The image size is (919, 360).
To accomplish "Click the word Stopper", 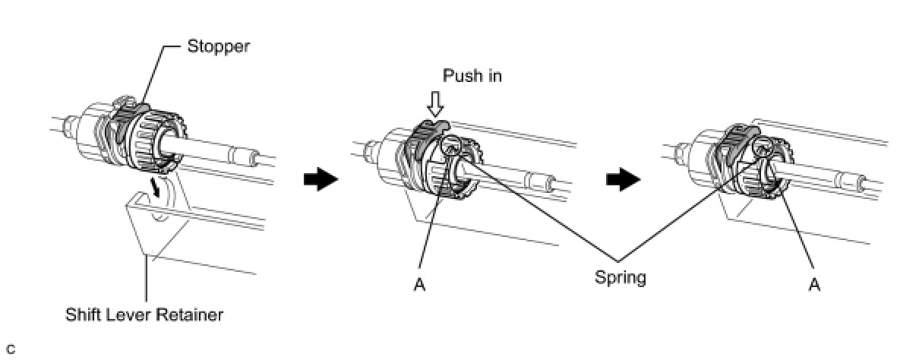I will coord(219,47).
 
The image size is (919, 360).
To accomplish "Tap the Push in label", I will coord(473,76).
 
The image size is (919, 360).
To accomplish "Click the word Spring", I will coord(621,277).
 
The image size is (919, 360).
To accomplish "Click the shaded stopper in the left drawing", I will coord(122,122).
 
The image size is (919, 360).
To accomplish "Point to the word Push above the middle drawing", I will coord(459,76).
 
